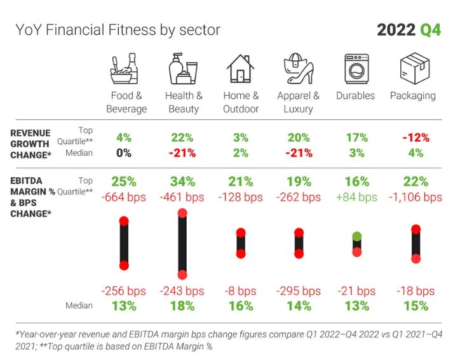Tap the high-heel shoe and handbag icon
(x=297, y=69)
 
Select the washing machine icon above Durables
(x=356, y=69)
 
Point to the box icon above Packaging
(x=412, y=69)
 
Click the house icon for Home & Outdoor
(x=240, y=69)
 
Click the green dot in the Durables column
(x=356, y=236)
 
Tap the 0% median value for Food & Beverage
(x=124, y=153)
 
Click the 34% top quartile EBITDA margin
(x=182, y=182)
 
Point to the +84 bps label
(x=356, y=197)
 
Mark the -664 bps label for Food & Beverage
(x=124, y=197)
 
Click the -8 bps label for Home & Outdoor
(x=241, y=291)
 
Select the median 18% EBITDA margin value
(x=182, y=305)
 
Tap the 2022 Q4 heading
(x=408, y=30)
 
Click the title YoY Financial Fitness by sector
(x=118, y=30)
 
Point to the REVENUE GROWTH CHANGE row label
(x=30, y=143)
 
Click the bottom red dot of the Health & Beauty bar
(x=182, y=275)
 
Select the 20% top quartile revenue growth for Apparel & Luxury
(x=298, y=138)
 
